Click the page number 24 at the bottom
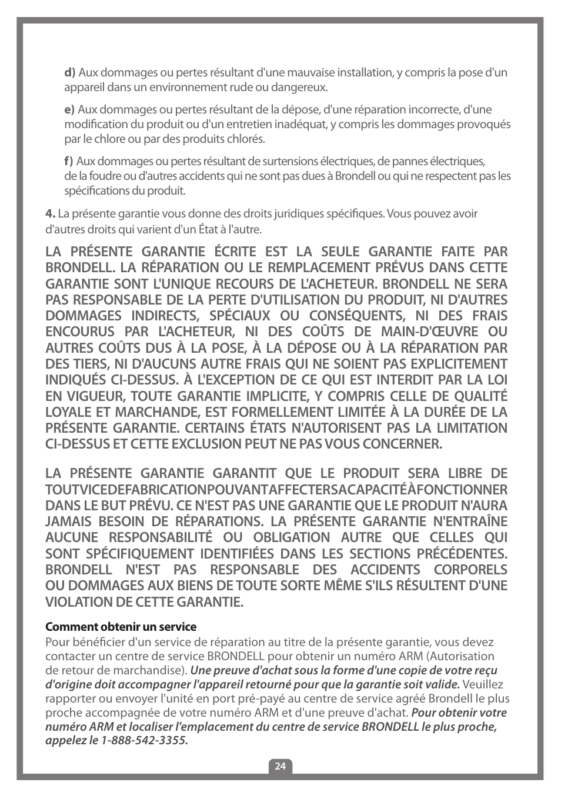coord(280,766)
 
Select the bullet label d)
coord(69,73)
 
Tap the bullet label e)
coord(69,110)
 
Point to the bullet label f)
coord(69,162)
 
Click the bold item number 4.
coord(50,214)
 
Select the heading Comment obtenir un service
coord(121,627)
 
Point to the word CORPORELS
coord(470,570)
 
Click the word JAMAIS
coord(69,521)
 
